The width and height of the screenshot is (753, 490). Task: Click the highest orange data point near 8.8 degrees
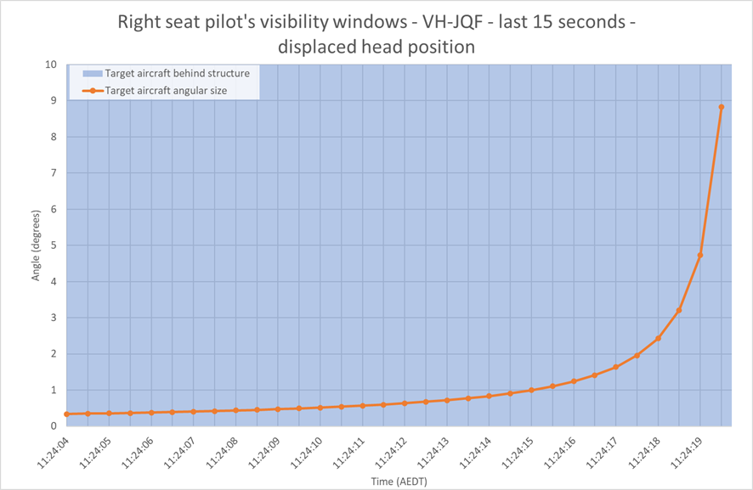(x=722, y=107)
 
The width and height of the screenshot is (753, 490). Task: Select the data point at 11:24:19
(x=700, y=256)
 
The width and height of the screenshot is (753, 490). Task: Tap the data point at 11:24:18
(x=658, y=338)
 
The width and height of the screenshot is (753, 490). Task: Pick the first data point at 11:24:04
(x=67, y=414)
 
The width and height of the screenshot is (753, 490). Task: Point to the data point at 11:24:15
(x=531, y=390)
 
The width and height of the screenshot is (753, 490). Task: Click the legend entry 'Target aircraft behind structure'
(x=167, y=73)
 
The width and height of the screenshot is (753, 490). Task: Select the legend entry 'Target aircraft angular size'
(x=155, y=91)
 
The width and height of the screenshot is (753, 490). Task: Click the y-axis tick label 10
(x=51, y=65)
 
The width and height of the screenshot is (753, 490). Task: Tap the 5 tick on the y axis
(x=54, y=245)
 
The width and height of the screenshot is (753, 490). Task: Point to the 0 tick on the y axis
(x=54, y=426)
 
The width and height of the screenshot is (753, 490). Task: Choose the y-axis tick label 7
(x=54, y=172)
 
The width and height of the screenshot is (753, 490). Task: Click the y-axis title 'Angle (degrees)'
(x=36, y=245)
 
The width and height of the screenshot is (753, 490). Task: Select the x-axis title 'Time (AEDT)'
(x=399, y=481)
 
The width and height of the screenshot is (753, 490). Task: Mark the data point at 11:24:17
(x=615, y=367)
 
